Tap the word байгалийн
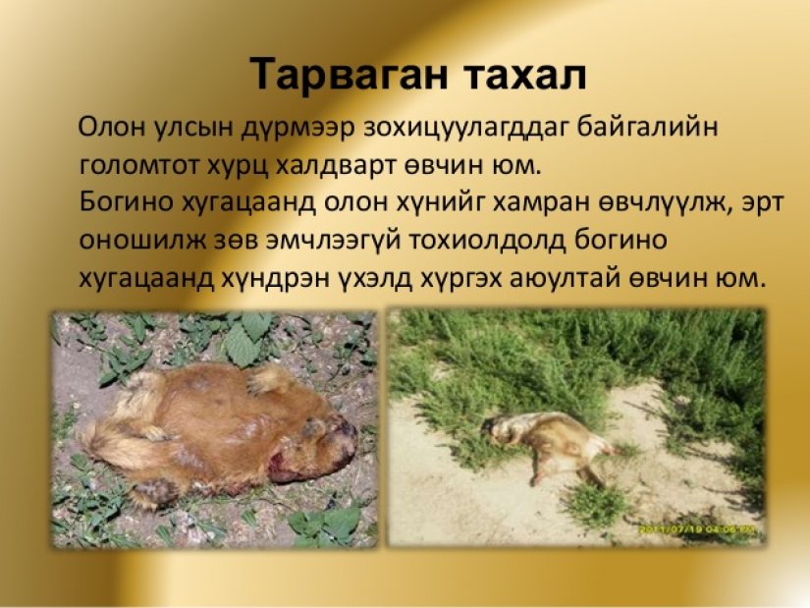pos(648,127)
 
